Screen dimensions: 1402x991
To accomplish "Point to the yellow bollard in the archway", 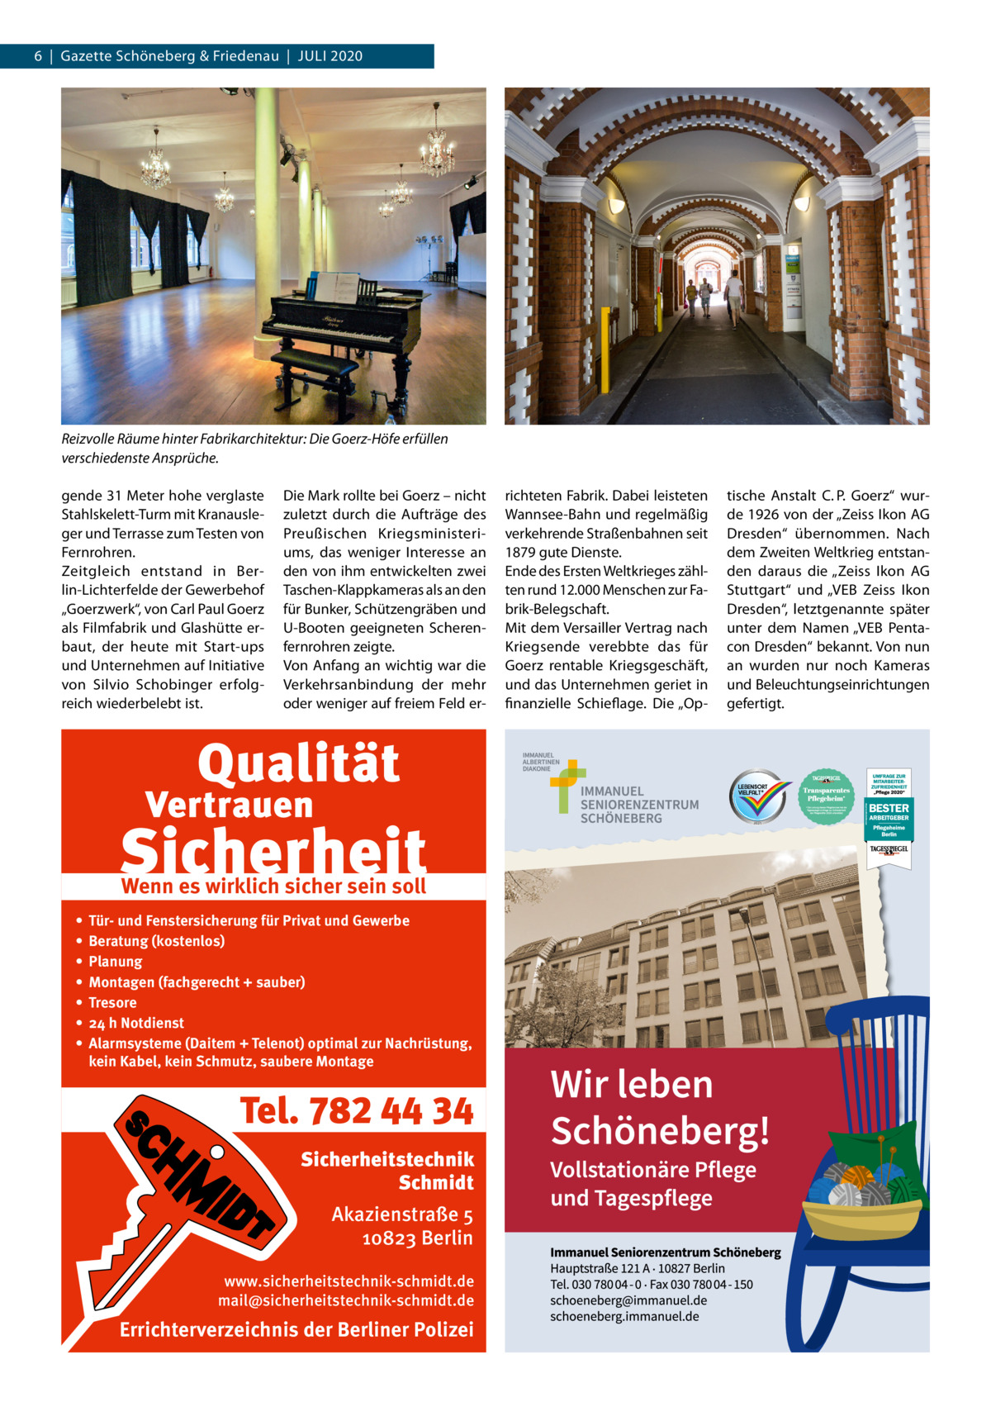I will click(x=608, y=350).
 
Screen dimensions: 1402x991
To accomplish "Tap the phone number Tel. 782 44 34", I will click(x=357, y=1111).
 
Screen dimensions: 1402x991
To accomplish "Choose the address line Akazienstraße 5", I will click(x=402, y=1214).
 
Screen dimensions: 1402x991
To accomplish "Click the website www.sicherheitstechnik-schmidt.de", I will click(x=349, y=1281).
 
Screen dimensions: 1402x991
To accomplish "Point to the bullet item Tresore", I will click(x=112, y=1002).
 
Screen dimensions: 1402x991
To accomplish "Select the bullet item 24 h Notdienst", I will click(x=136, y=1023).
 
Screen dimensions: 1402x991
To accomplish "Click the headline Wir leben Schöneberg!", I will click(x=659, y=1107).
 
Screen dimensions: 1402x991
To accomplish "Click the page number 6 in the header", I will click(x=38, y=56).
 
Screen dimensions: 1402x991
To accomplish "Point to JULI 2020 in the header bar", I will click(x=330, y=56).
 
